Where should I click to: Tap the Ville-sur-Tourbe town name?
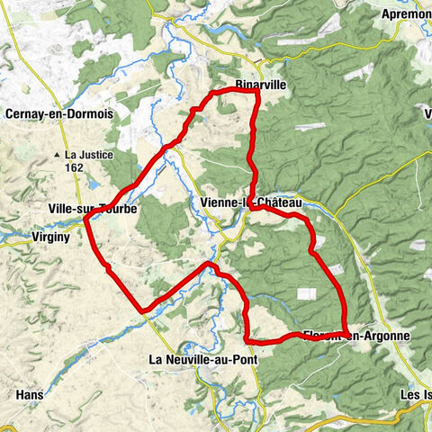click(92, 209)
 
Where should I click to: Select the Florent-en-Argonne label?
click(356, 336)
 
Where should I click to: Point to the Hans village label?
click(29, 394)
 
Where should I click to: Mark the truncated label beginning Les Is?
click(415, 394)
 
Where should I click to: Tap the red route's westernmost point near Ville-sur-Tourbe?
click(85, 218)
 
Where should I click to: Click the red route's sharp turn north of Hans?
click(142, 310)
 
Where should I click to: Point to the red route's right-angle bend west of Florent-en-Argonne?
click(247, 340)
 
